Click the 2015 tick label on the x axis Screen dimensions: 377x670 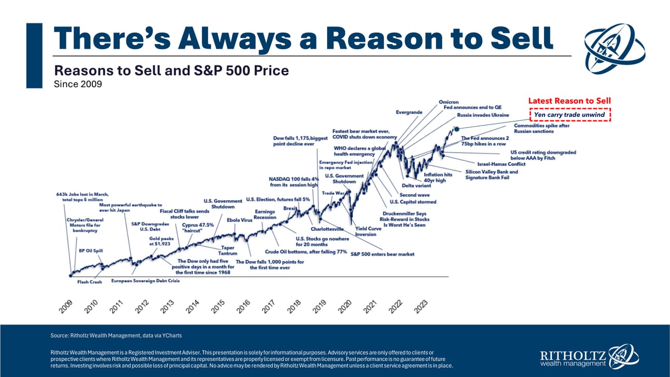(218, 305)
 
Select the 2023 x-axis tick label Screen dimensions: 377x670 (421, 305)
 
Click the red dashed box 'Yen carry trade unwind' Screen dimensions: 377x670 (569, 115)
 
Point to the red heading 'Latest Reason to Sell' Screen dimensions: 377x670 (569, 101)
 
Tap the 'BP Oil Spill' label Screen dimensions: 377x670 (91, 250)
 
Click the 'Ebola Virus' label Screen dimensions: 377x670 (240, 220)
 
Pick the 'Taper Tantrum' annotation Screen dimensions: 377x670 (228, 250)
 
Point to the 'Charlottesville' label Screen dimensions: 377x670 (327, 229)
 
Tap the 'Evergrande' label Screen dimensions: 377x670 (409, 112)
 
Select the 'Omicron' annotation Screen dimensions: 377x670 (449, 102)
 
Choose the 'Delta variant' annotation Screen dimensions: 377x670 (415, 186)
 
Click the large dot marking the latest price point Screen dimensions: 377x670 (456, 128)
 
